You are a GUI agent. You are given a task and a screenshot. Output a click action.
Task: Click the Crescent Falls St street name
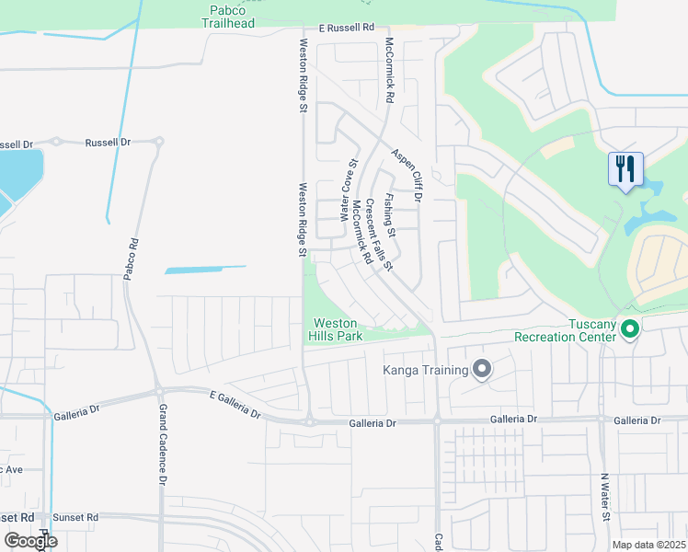pos(379,236)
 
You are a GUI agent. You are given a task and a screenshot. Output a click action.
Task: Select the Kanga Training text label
pos(426,371)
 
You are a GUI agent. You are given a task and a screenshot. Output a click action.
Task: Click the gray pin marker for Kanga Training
pos(482,370)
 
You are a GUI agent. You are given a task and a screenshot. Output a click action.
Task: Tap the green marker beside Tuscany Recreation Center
pos(630,328)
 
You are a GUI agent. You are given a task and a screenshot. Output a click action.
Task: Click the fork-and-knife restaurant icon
pos(625,168)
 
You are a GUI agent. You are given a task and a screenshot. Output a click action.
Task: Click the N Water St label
pos(605,498)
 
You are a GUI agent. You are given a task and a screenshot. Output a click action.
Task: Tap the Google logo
pos(30,541)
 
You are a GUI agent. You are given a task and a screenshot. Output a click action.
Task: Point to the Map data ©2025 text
pos(648,545)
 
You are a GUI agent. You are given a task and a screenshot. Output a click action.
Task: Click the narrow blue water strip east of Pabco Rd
pos(206,270)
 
